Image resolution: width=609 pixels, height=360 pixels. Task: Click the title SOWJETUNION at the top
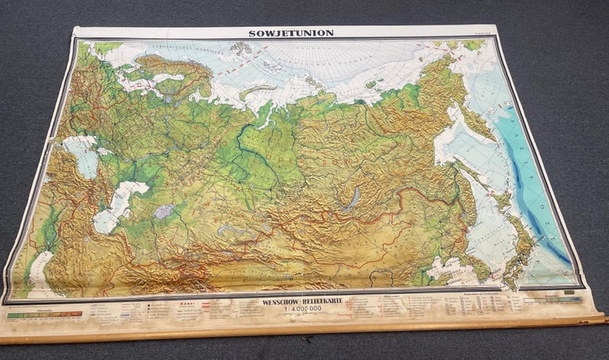291,33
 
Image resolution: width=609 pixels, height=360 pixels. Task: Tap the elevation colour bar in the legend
44,315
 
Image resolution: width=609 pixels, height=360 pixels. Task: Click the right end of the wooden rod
600,320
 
